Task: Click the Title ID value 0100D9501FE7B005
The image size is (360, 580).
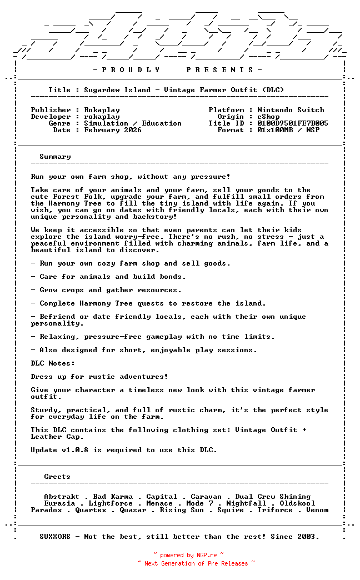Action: (293, 123)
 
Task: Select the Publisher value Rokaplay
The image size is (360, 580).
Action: (102, 110)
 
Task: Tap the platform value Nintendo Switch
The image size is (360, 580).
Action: (291, 110)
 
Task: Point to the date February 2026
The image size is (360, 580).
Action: (113, 130)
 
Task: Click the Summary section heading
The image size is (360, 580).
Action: (55, 157)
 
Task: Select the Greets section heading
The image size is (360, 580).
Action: (57, 477)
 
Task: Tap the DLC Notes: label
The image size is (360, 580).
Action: (53, 363)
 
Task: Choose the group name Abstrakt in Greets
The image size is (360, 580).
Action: (62, 497)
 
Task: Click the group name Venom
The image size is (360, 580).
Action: (317, 510)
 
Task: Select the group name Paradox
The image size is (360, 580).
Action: (46, 510)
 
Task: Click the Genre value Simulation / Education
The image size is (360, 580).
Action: (133, 123)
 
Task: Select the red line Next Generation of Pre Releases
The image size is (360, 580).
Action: (196, 563)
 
